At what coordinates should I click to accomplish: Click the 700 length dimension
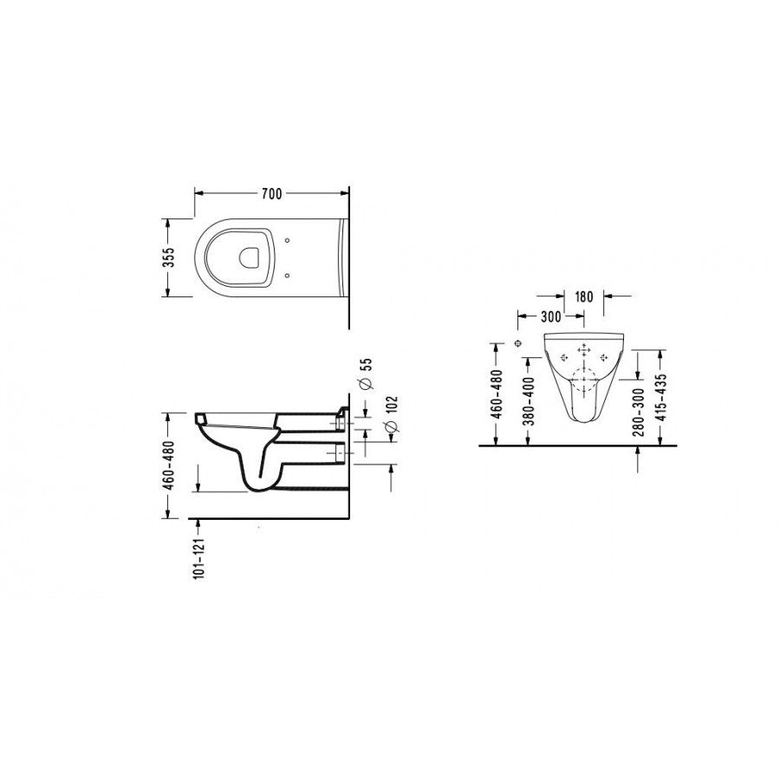point(271,193)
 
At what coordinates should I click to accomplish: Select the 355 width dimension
point(169,257)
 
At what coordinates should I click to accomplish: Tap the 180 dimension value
point(584,297)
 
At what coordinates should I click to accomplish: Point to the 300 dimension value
point(550,316)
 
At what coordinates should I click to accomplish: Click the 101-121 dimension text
point(198,558)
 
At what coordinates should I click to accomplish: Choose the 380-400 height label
point(530,401)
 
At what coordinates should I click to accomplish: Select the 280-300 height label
point(640,412)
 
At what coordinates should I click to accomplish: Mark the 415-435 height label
point(660,398)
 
